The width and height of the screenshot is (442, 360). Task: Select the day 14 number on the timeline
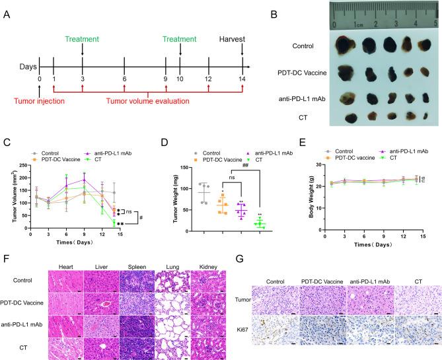(x=242, y=79)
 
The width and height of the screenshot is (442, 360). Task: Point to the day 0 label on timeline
(x=40, y=79)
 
